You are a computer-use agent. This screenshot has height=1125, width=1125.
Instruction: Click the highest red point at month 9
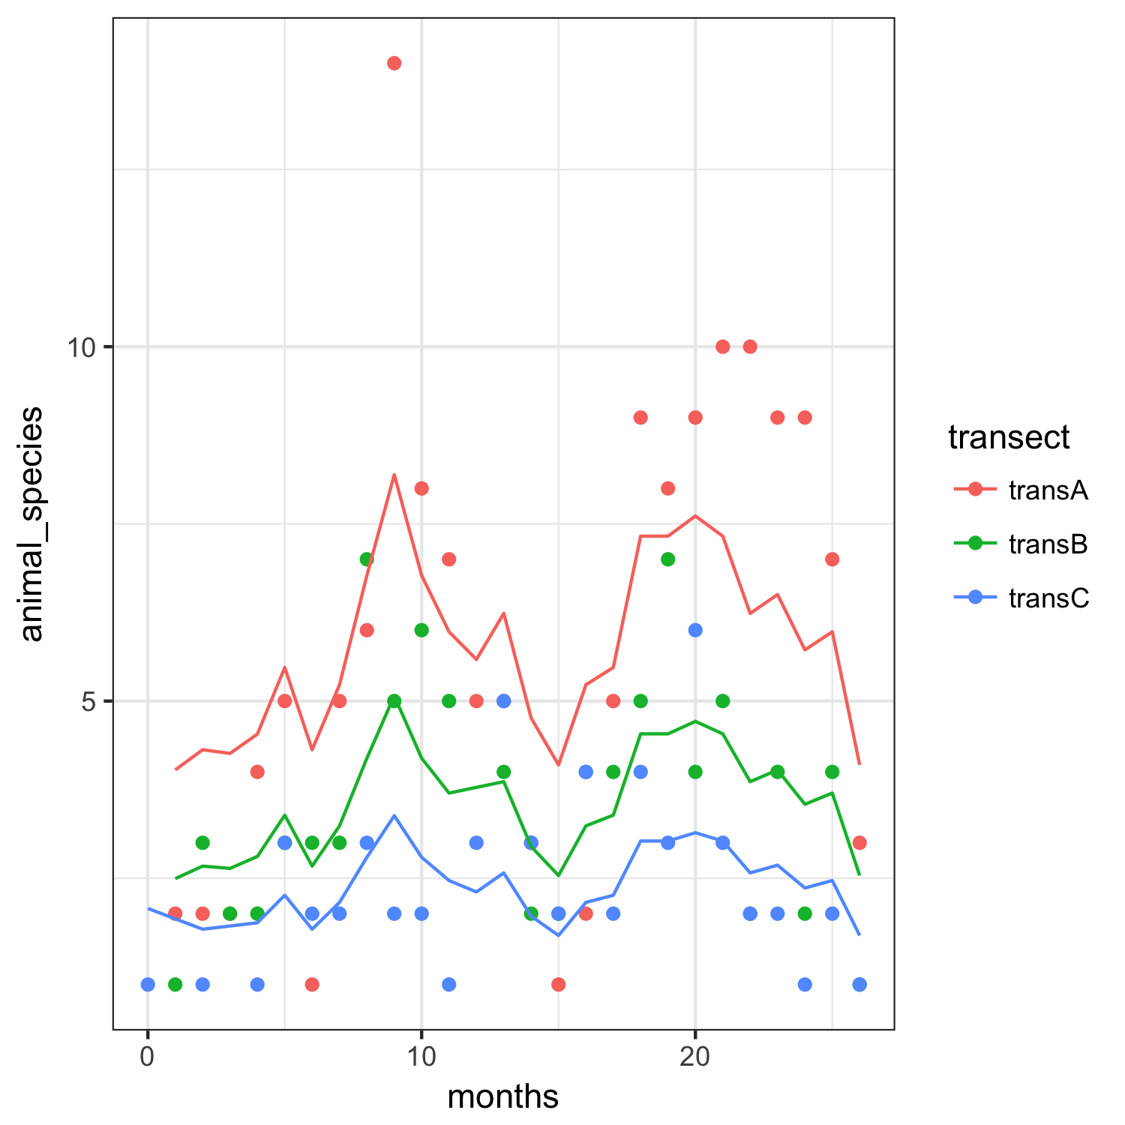(394, 63)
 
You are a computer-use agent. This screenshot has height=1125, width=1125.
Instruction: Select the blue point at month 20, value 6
(695, 630)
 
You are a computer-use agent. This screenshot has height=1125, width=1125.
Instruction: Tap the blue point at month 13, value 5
(504, 700)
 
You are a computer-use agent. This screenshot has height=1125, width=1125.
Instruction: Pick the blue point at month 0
(148, 984)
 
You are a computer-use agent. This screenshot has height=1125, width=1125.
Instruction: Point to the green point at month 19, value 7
(668, 559)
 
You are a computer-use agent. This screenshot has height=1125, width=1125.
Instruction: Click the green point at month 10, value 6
(421, 630)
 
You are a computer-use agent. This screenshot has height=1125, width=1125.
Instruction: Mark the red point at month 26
(859, 842)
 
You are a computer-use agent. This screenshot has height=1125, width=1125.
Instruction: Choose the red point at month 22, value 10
(750, 346)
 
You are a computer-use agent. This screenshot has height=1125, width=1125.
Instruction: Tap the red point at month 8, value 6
(367, 630)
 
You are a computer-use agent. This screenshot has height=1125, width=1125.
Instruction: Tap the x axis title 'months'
(503, 1097)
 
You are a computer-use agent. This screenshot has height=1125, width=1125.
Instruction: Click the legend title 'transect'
(1009, 437)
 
